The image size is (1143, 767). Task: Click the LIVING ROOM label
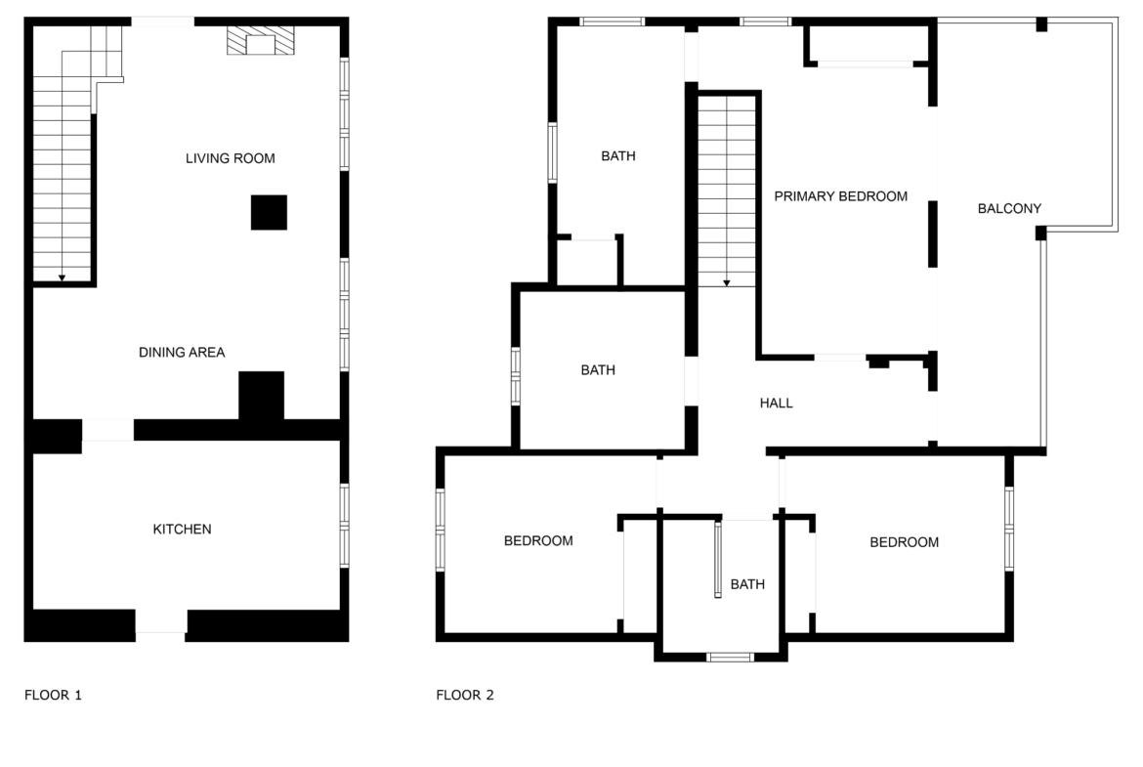[x=231, y=158]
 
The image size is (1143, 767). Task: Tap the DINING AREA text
[x=182, y=352]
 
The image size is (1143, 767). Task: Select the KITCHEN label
[x=183, y=530]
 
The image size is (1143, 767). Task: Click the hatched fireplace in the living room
[x=261, y=41]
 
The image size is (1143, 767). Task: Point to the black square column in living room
[x=269, y=212]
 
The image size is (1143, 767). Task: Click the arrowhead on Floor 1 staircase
[x=62, y=277]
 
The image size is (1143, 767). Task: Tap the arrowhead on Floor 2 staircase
[x=727, y=283]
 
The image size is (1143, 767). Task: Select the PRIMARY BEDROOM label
[x=840, y=196]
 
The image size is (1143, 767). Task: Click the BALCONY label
[x=1009, y=208]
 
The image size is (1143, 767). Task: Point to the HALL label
[x=777, y=404]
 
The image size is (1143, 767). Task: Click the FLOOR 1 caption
[x=53, y=695]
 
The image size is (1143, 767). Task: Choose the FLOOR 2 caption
[x=465, y=695]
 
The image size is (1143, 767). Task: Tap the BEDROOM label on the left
[x=538, y=541]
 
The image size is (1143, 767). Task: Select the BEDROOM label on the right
[x=905, y=542]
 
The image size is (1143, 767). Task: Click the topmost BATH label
[x=618, y=156]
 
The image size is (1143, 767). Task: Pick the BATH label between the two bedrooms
[x=748, y=584]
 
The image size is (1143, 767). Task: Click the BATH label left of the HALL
[x=598, y=370]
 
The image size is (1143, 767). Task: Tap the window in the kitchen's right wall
[x=345, y=526]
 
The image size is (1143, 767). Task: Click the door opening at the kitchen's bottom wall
[x=161, y=625]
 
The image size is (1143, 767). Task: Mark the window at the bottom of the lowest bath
[x=731, y=658]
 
